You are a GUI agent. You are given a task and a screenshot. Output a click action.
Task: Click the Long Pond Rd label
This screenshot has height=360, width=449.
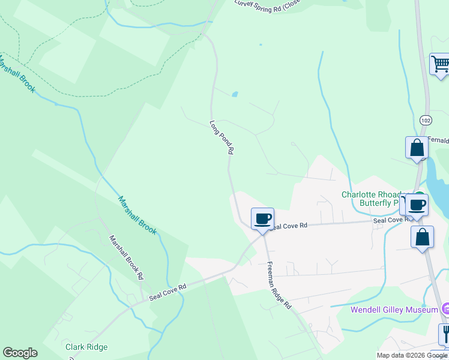click(221, 138)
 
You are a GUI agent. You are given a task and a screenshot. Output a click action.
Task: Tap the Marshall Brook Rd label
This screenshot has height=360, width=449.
click(127, 257)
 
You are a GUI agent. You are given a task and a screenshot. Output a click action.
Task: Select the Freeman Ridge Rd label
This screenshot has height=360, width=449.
click(279, 286)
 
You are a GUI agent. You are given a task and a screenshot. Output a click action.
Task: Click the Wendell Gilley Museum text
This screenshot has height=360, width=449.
click(394, 310)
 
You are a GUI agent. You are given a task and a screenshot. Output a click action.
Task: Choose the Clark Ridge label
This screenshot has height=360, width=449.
click(86, 347)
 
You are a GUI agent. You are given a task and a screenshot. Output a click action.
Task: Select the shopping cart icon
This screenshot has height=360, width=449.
click(440, 64)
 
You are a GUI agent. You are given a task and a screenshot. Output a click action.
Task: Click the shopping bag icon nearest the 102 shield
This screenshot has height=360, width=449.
click(417, 148)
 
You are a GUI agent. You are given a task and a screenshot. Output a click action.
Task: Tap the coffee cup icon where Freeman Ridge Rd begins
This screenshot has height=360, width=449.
click(262, 218)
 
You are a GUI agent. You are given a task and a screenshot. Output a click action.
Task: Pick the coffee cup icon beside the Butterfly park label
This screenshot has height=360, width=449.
click(417, 205)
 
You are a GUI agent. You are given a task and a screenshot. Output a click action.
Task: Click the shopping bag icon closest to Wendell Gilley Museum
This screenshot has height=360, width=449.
click(422, 236)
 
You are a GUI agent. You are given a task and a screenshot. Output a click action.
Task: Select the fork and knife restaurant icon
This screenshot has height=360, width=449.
click(445, 333)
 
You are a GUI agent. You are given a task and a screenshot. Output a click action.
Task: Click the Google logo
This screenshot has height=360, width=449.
click(20, 353)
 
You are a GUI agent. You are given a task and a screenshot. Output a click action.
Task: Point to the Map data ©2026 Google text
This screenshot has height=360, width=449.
click(412, 355)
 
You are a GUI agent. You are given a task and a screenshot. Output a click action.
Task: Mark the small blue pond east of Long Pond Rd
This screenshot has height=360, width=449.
click(235, 94)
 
